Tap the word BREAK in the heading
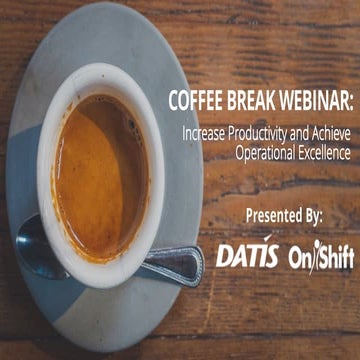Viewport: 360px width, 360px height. point(247,103)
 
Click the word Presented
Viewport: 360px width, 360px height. point(273,214)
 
